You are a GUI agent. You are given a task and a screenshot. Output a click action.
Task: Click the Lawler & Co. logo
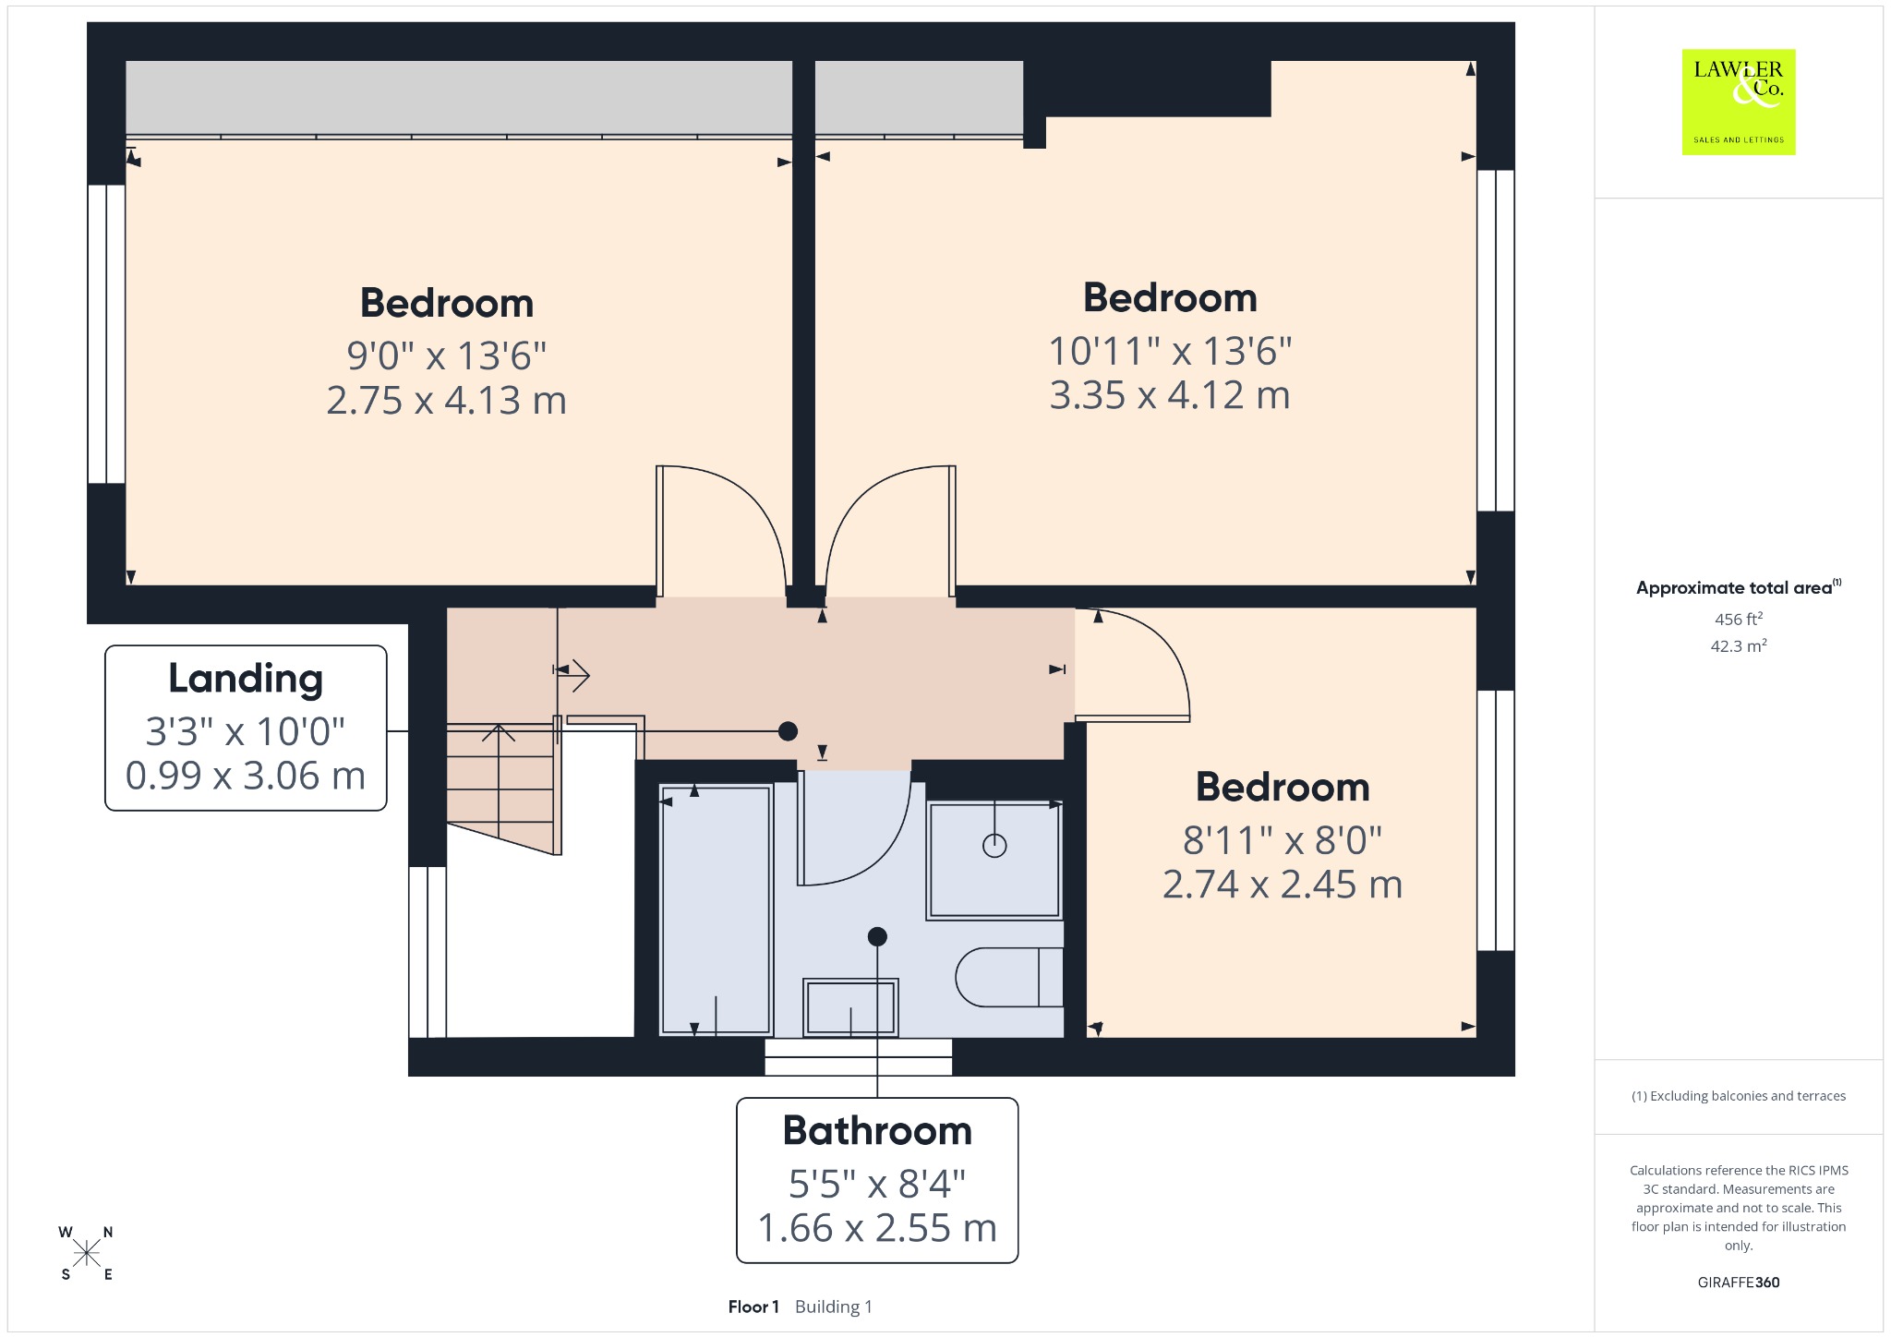1739,102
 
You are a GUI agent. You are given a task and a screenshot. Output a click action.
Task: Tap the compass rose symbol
87,1253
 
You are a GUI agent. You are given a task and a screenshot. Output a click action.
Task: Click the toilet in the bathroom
1009,977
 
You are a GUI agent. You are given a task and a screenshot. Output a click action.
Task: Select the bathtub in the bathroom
716,909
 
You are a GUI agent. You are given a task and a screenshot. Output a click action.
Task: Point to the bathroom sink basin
850,1006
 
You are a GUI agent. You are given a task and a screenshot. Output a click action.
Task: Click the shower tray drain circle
994,845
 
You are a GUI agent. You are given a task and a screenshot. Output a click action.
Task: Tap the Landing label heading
246,680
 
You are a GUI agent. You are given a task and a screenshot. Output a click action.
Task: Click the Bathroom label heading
877,1130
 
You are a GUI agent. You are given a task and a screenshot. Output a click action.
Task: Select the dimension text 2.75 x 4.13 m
446,401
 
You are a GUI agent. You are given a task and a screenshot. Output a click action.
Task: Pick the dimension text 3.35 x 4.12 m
1170,395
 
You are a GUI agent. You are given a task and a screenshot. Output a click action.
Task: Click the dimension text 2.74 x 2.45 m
1283,885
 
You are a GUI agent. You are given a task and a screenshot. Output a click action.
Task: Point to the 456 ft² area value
1739,619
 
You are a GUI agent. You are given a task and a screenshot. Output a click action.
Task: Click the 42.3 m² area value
1739,645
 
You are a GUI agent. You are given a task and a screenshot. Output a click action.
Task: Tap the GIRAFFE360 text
1739,1282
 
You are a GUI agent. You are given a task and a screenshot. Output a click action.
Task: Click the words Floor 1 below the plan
753,1307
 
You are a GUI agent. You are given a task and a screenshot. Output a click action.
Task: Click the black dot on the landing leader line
788,731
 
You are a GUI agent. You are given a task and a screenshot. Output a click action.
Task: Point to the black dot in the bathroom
877,936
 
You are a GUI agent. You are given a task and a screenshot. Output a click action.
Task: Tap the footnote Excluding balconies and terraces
1739,1096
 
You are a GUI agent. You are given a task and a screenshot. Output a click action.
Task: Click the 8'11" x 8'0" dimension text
1283,841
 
